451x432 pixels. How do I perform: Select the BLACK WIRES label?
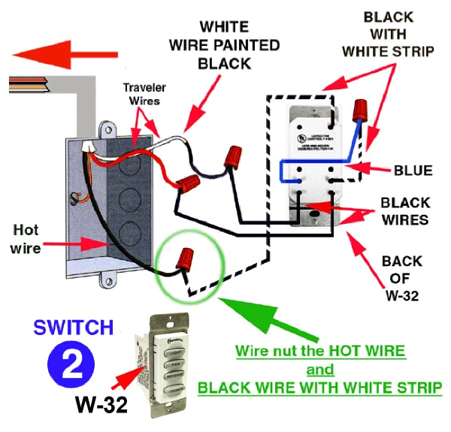[404, 211]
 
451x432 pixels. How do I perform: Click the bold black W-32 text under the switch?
[100, 406]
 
